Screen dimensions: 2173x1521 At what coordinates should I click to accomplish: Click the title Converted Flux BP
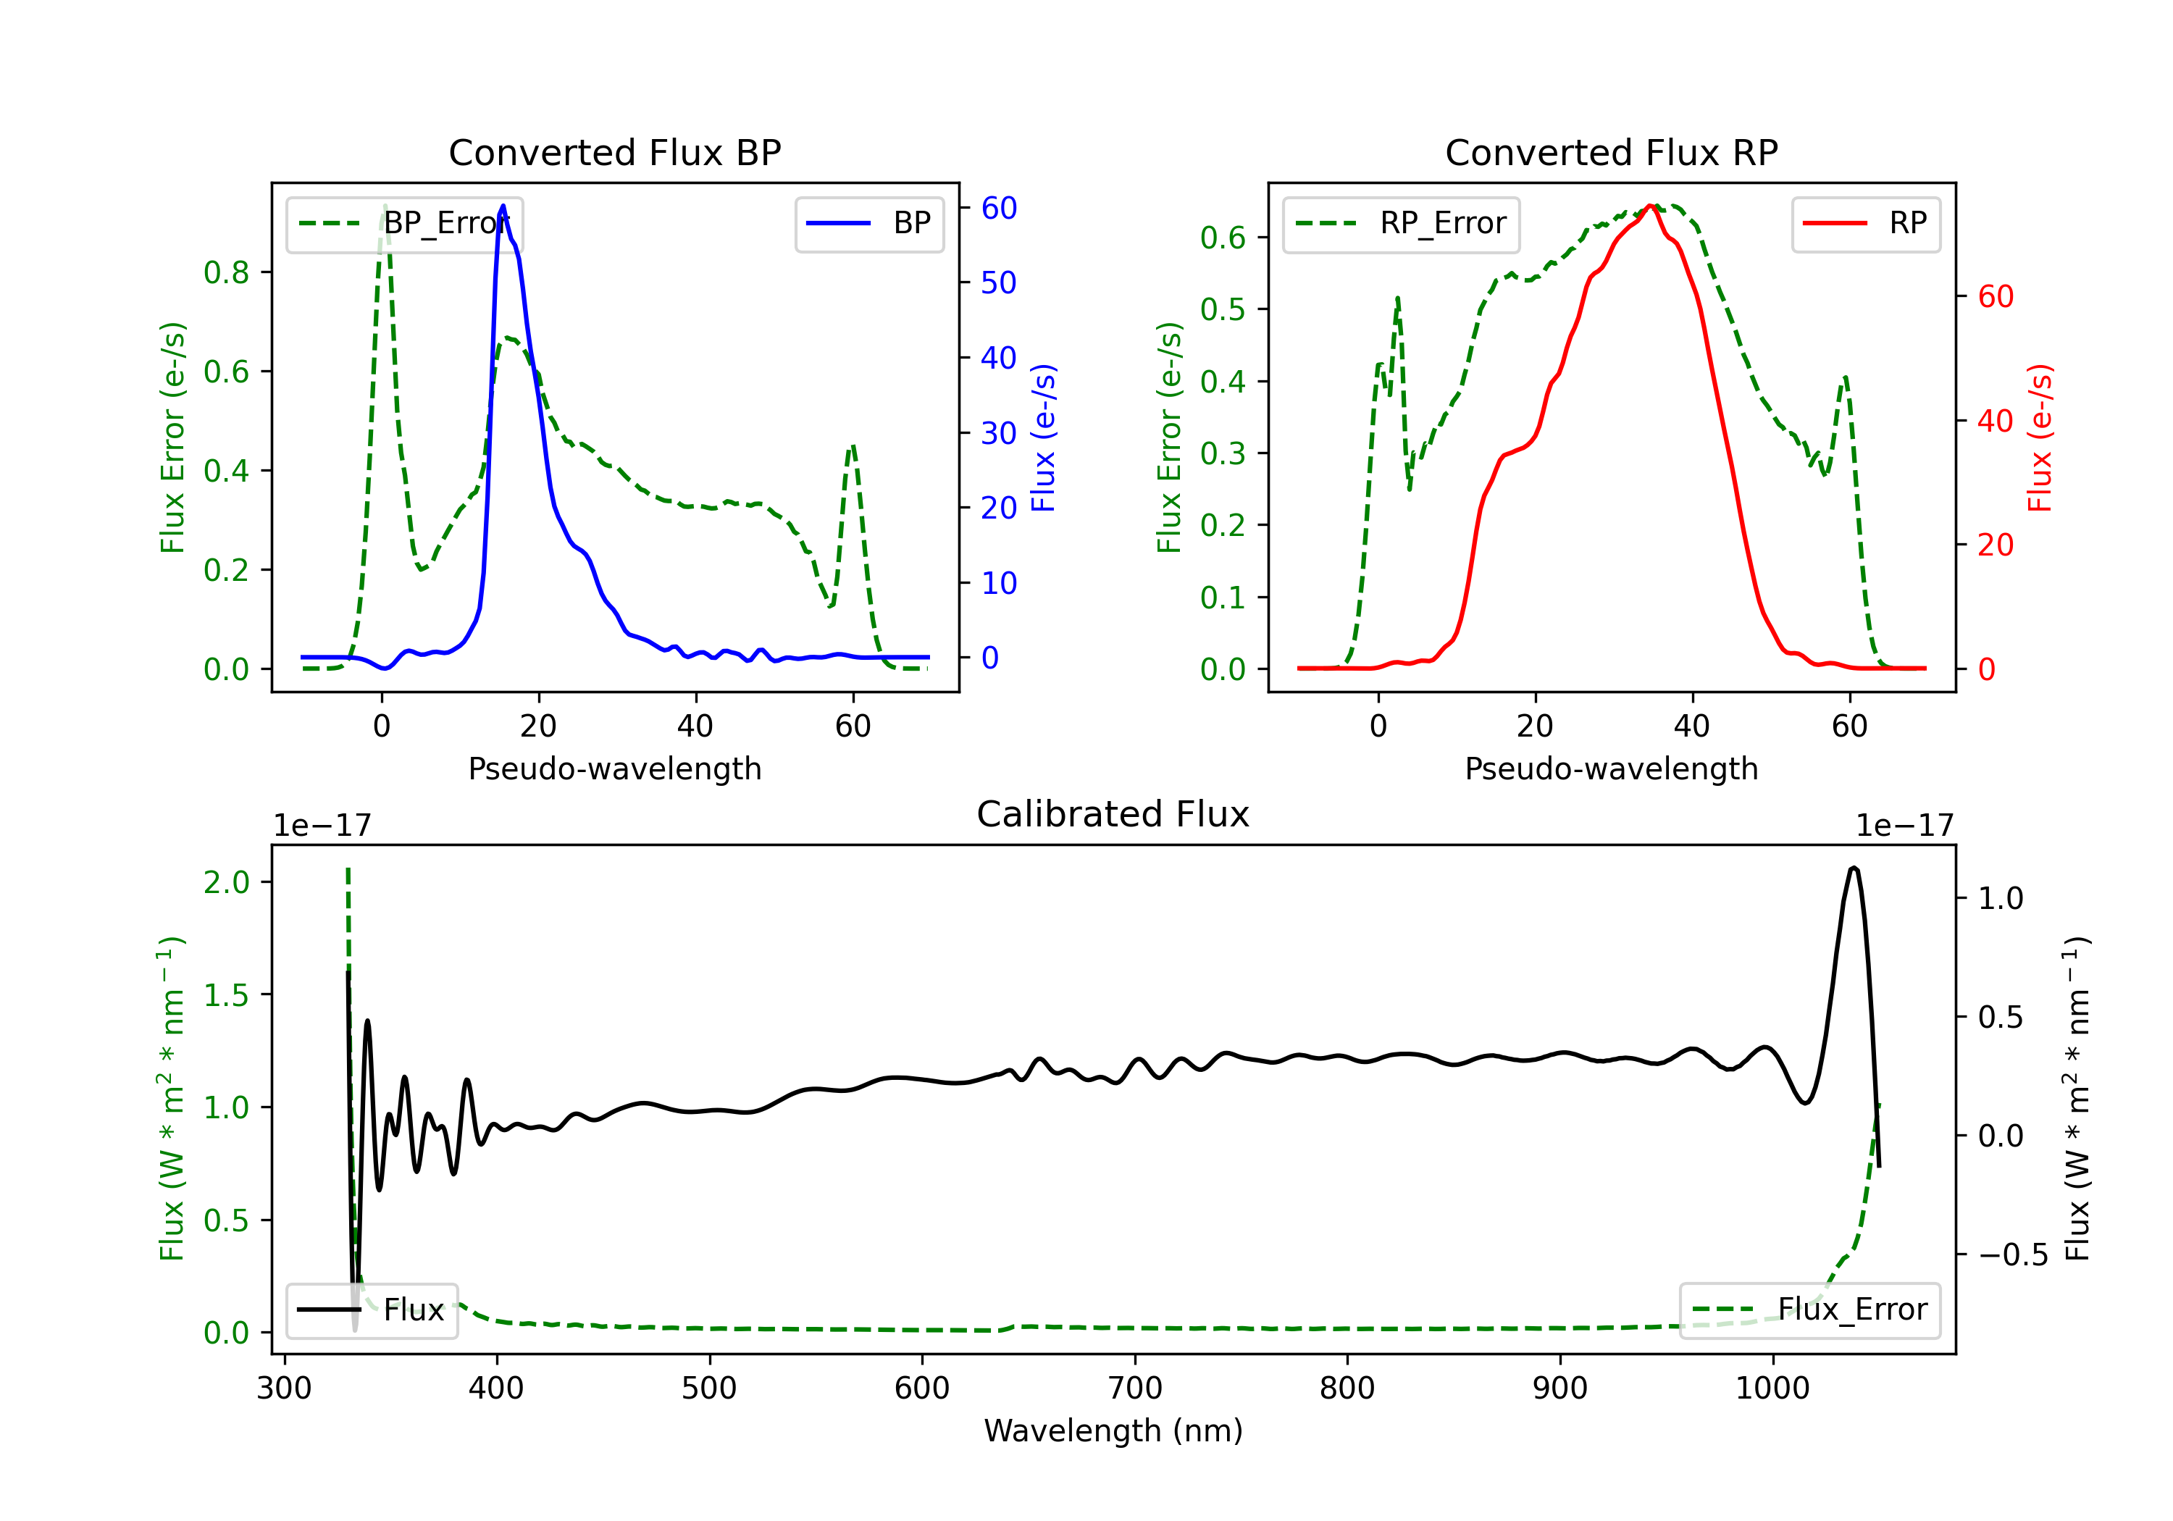[x=615, y=152]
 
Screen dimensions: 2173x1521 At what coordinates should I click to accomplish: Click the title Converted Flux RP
[x=1612, y=152]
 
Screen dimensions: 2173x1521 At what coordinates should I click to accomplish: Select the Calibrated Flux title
[x=1113, y=814]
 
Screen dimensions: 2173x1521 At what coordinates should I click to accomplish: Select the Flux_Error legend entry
[x=1809, y=1310]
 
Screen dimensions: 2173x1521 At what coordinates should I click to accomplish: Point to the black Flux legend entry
[x=372, y=1310]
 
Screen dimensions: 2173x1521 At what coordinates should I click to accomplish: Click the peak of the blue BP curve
[x=503, y=206]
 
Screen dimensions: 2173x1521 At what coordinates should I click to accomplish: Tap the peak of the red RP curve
[x=1649, y=206]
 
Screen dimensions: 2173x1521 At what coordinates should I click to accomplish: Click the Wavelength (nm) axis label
[x=1113, y=1431]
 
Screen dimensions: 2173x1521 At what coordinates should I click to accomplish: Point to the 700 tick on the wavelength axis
[x=1135, y=1388]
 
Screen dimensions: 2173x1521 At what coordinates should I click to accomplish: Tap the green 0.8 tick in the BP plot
[x=226, y=272]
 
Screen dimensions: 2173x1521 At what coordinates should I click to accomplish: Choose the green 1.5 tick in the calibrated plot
[x=226, y=994]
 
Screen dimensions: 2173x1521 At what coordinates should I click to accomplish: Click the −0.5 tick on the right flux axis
[x=2013, y=1255]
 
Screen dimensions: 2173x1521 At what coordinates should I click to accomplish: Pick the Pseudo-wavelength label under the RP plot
[x=1612, y=768]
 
